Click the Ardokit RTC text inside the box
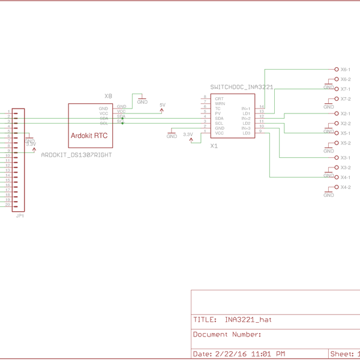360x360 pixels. click(x=89, y=136)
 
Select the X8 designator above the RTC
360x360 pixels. click(x=108, y=96)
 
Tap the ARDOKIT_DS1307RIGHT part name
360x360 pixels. click(x=76, y=155)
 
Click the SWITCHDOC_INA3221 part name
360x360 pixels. click(x=242, y=88)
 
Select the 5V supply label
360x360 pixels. click(x=162, y=105)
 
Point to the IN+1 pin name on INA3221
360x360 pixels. click(x=246, y=108)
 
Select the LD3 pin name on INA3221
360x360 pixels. click(x=247, y=133)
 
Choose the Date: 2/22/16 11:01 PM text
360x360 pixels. click(x=239, y=353)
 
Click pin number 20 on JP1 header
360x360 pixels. click(x=8, y=205)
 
